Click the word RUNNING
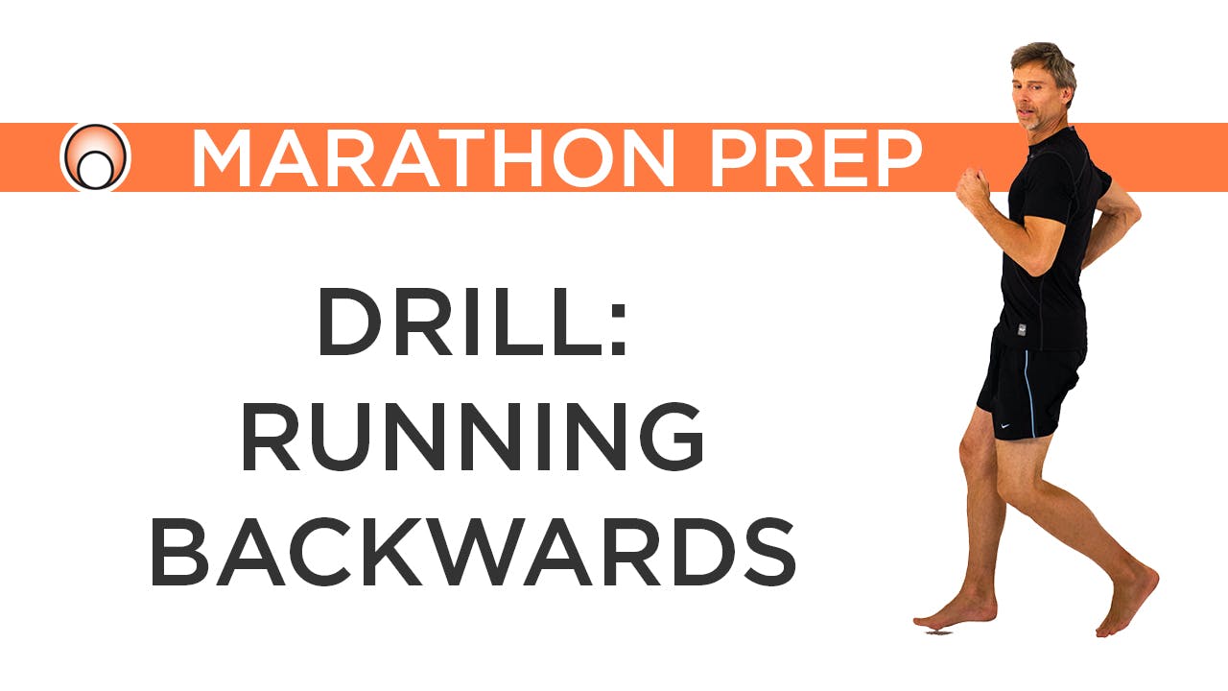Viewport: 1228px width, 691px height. click(x=473, y=438)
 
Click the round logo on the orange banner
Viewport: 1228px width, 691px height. click(x=95, y=157)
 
